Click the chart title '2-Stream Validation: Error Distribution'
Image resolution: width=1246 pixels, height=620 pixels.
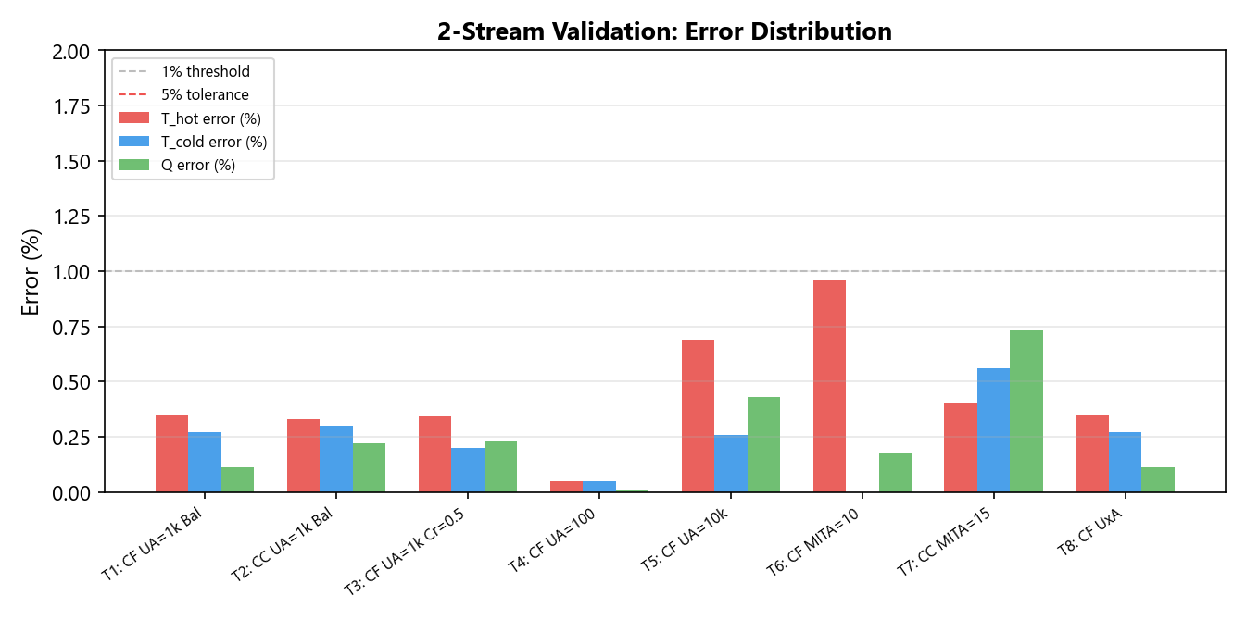tap(664, 31)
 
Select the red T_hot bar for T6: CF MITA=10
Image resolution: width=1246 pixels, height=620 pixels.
tap(829, 386)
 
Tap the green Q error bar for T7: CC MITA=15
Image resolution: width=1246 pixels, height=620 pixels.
tap(1026, 411)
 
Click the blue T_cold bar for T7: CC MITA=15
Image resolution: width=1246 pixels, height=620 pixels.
tap(993, 430)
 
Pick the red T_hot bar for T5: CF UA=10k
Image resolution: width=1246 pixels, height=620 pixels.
tap(698, 415)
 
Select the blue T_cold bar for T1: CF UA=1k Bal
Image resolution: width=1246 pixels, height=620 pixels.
tap(205, 462)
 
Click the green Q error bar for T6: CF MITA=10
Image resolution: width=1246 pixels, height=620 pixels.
tap(895, 472)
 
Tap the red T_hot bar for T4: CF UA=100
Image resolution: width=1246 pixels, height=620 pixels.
tap(566, 487)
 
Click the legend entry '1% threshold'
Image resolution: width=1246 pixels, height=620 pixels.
tap(205, 71)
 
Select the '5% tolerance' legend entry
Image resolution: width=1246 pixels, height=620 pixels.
tap(205, 94)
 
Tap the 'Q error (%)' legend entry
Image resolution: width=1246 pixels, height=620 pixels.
tap(198, 166)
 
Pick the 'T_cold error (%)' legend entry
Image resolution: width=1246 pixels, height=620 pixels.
tap(214, 142)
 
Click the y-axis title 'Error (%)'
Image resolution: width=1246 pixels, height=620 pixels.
tap(31, 271)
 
